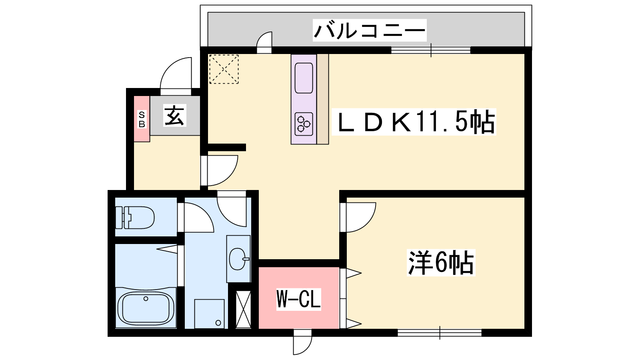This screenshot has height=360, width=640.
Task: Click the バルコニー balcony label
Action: pyautogui.click(x=370, y=30)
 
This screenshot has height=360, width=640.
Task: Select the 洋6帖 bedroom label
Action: pyautogui.click(x=441, y=262)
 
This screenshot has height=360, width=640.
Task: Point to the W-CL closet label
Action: pyautogui.click(x=298, y=299)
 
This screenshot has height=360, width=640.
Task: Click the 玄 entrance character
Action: pyautogui.click(x=175, y=116)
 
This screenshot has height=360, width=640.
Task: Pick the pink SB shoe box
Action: pyautogui.click(x=142, y=119)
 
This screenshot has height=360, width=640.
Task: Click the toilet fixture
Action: pyautogui.click(x=134, y=218)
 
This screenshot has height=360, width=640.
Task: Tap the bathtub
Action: pyautogui.click(x=146, y=308)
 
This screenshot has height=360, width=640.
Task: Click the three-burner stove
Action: pyautogui.click(x=304, y=124)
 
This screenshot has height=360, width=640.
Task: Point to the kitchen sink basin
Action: pyautogui.click(x=304, y=78)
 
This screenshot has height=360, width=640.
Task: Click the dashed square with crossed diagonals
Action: pyautogui.click(x=224, y=69)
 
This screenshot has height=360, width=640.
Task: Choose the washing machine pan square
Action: pyautogui.click(x=209, y=314)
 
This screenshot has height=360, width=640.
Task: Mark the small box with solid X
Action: pyautogui.click(x=243, y=310)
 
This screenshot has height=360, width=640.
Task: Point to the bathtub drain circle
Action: pyautogui.click(x=146, y=298)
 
